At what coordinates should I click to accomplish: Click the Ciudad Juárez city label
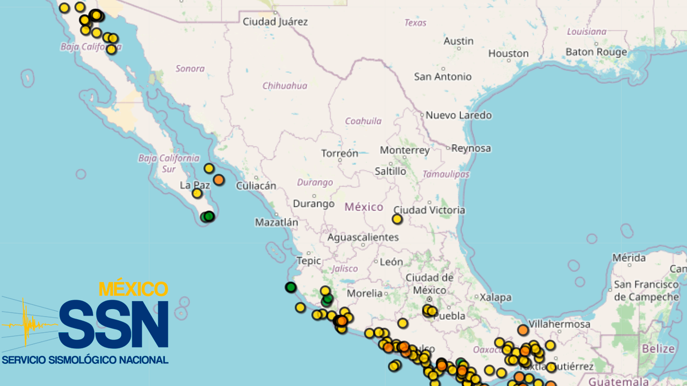tap(275, 22)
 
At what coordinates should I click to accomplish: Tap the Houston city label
tap(508, 53)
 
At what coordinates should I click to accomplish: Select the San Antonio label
tap(443, 76)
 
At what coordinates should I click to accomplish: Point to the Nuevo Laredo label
tap(458, 115)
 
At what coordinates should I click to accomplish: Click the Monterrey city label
tap(405, 150)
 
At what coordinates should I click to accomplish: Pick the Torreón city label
tap(339, 153)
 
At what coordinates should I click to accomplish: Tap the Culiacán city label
tap(256, 185)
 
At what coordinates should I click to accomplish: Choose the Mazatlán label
tap(277, 222)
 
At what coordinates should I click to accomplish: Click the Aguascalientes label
tap(363, 237)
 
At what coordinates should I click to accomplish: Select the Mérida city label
tap(629, 258)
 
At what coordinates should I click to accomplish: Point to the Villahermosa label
tap(559, 324)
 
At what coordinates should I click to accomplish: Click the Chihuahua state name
tap(284, 85)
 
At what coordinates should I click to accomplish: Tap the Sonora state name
tap(190, 68)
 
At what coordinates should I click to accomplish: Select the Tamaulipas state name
tap(446, 174)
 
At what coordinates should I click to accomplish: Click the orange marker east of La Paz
tap(219, 180)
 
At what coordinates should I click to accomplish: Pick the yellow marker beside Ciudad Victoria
tap(397, 219)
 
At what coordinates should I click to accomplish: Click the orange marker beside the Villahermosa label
tap(523, 330)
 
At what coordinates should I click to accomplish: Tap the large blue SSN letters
tap(113, 324)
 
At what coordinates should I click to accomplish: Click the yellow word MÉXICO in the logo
tap(133, 289)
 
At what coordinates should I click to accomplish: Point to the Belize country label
tap(658, 349)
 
